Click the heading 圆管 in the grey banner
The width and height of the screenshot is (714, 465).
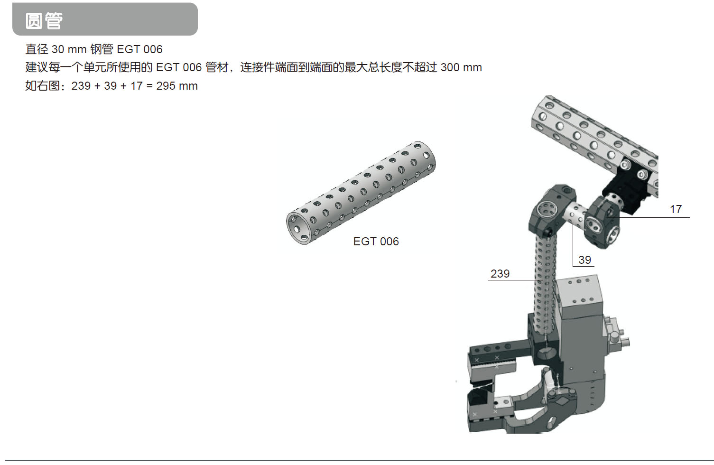44,21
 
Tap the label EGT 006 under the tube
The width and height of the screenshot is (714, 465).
376,241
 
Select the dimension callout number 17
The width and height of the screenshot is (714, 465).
676,209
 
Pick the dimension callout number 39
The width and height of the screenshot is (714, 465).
584,260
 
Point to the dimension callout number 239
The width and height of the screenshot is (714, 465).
500,273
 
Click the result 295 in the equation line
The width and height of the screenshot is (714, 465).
166,86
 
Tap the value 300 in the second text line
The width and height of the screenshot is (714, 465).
450,67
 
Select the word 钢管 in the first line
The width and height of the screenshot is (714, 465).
102,49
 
